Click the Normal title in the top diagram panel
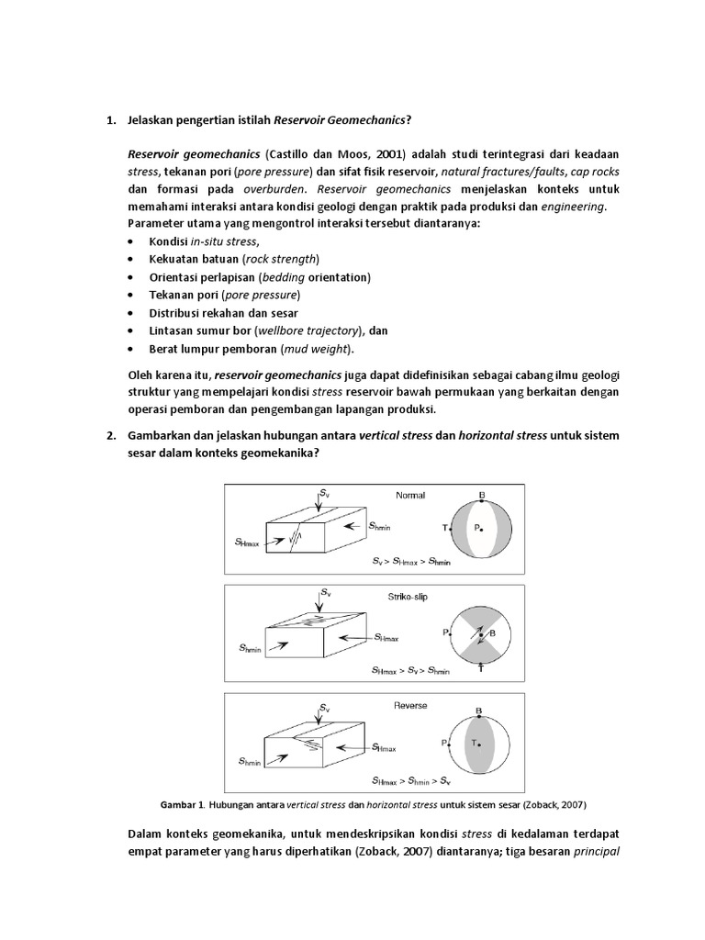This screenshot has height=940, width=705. [410, 496]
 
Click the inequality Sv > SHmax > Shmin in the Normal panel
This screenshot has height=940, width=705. [411, 559]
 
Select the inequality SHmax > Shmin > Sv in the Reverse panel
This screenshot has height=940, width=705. [411, 781]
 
